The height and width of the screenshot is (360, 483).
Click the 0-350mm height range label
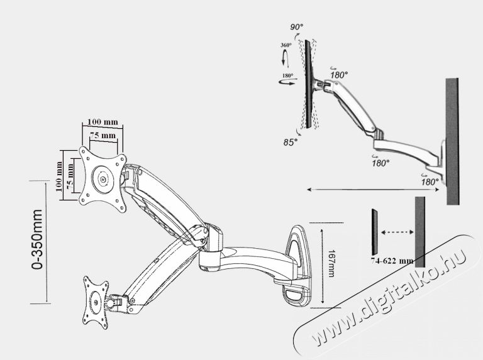(x=37, y=239)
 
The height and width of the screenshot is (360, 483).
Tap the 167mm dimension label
(x=331, y=263)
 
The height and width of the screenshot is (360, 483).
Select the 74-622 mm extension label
(x=392, y=261)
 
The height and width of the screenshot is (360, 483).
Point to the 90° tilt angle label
(x=296, y=27)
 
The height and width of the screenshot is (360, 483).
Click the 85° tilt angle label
(x=291, y=142)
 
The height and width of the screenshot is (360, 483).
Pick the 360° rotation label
(x=286, y=45)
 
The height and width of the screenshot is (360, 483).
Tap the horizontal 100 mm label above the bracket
(x=103, y=122)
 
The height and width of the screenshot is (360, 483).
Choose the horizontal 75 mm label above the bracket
(x=103, y=135)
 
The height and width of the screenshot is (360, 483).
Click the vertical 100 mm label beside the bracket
(x=59, y=177)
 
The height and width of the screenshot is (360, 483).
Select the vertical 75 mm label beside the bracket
(x=70, y=177)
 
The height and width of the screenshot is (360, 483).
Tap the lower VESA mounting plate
(x=96, y=303)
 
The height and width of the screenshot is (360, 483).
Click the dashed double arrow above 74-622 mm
(x=397, y=232)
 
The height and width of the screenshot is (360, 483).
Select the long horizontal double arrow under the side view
(x=373, y=190)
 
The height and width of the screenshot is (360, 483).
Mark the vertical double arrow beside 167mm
(x=322, y=266)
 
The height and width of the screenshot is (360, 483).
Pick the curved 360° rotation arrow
(x=286, y=59)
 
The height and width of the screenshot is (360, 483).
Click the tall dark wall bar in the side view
(x=453, y=141)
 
